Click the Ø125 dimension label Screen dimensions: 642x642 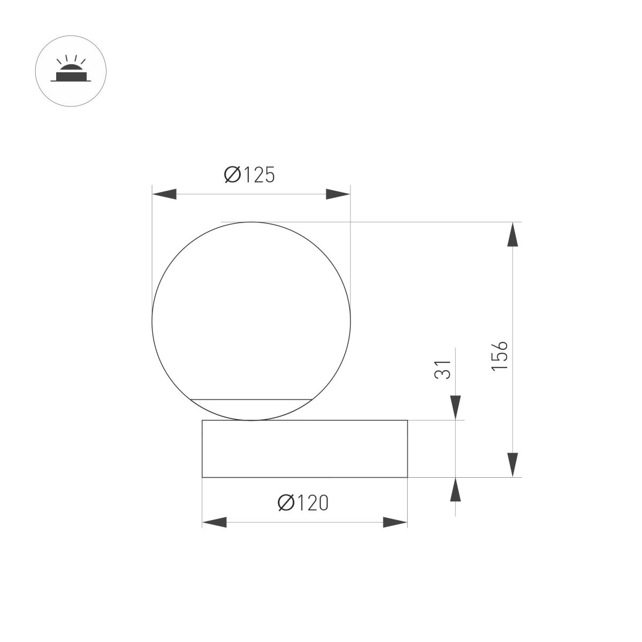(x=249, y=174)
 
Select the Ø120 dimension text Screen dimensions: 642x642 (x=303, y=502)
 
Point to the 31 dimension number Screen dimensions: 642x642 (x=444, y=369)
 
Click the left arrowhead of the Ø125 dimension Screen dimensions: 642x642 (x=165, y=194)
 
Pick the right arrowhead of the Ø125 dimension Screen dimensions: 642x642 (x=338, y=194)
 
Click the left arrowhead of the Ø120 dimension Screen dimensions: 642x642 (x=214, y=522)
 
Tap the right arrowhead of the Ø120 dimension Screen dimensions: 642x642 (x=395, y=522)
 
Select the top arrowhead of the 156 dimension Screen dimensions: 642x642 (x=513, y=235)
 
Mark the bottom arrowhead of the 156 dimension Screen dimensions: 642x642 (x=513, y=464)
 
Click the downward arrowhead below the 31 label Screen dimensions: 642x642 (x=455, y=408)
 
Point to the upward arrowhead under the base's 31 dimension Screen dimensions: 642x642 (x=455, y=490)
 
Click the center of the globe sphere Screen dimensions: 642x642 (x=251, y=321)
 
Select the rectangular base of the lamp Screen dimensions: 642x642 (x=304, y=448)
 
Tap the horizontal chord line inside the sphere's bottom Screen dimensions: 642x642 (x=251, y=399)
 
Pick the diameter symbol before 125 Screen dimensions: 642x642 (x=233, y=174)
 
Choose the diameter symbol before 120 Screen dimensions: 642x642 (x=286, y=502)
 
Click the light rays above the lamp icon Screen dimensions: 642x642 (x=71, y=59)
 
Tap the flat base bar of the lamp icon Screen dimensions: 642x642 (x=71, y=81)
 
